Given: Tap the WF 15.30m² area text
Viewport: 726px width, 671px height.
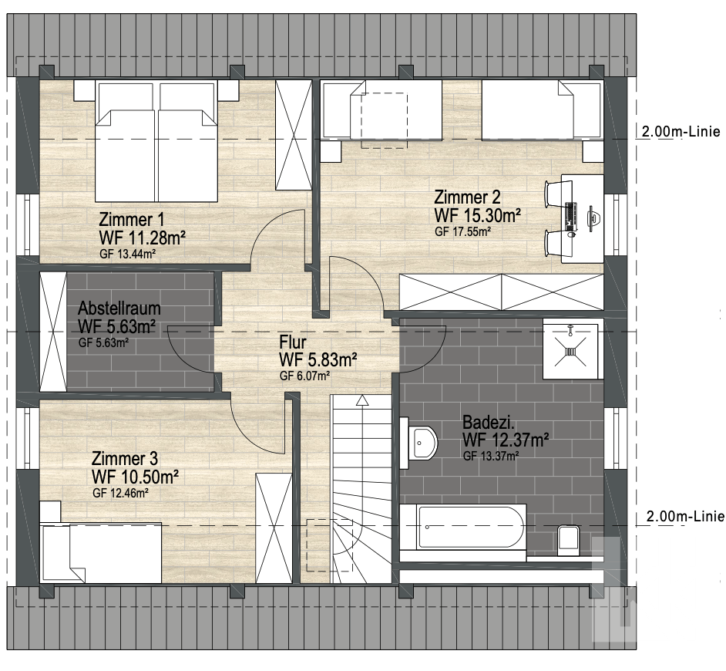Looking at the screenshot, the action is point(477,215).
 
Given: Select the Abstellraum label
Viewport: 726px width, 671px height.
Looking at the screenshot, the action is point(119,309).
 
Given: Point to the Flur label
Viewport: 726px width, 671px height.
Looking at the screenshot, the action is point(293,342).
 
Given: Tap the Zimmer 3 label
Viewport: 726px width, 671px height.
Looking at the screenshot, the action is point(125,459).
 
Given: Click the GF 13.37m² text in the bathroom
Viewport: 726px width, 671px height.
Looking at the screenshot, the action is point(491,456).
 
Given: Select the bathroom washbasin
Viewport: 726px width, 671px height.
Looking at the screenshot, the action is point(422,443).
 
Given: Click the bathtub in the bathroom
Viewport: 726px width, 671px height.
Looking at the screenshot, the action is point(463,528).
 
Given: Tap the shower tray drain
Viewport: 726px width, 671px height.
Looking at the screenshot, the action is point(571,352).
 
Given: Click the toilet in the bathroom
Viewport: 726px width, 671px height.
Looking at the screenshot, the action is point(569,541).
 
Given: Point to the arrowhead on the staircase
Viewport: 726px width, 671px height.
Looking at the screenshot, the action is point(362,400).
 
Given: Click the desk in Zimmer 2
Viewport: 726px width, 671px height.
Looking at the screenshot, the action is point(582,219).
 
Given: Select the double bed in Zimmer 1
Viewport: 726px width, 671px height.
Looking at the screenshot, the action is point(156,141).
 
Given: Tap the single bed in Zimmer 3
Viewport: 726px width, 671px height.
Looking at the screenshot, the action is point(101,553).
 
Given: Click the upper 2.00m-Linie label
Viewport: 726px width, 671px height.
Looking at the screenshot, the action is point(681,132).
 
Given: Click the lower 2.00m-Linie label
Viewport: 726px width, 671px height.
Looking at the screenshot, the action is point(685,516).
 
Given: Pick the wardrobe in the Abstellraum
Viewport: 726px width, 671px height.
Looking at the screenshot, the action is point(53,332).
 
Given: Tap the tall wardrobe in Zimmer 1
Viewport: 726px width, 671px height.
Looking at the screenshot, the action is point(294,135).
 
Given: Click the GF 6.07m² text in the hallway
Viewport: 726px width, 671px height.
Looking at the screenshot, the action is point(304,376).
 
